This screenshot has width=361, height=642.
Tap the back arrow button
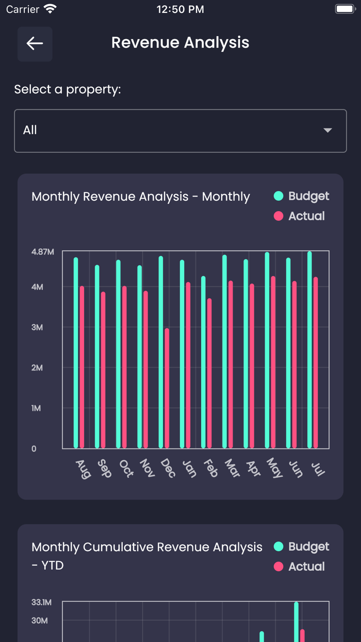35,44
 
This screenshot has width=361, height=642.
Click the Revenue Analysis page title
180,43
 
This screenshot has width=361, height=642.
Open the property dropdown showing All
180,131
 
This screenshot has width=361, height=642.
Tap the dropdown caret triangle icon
327,131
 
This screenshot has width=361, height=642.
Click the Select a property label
68,90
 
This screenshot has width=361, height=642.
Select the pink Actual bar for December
167,387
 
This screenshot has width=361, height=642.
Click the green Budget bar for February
203,361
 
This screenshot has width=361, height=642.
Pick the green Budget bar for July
309,351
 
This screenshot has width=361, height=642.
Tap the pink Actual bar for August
82,366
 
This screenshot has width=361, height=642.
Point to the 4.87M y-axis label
42,252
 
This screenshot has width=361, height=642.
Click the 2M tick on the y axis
37,368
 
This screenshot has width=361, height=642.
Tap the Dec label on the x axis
168,468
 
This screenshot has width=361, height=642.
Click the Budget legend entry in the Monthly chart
302,196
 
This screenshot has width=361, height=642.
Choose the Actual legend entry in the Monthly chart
300,216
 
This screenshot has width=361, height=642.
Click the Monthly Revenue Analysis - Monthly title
140,197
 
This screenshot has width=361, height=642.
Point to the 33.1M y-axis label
41,602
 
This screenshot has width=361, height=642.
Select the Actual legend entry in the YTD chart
300,567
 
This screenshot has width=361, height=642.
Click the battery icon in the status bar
344,9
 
